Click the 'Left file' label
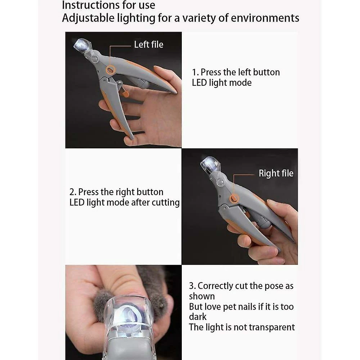[148, 45]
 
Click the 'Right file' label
[276, 173]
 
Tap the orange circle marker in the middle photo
[234, 197]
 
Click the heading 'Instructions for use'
[109, 5]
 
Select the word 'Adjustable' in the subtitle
[85, 18]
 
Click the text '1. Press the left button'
[236, 72]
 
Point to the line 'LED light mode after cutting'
[124, 202]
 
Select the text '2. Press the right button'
[116, 192]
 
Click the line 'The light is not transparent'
[242, 327]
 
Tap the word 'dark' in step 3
[198, 317]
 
